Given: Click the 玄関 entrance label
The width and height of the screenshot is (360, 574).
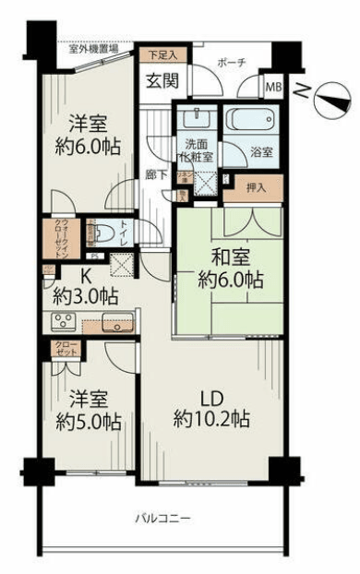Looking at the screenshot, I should point(162,80).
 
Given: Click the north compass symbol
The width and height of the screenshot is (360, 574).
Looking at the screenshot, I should point(323,95).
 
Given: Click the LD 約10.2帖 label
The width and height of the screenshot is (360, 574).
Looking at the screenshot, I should point(212,407).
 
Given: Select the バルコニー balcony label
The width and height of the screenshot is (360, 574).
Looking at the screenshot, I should point(166,519).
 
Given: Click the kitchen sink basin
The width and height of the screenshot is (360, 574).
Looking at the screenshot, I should point(117,323).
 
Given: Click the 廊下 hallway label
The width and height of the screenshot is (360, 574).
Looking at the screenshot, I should point(153,171).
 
